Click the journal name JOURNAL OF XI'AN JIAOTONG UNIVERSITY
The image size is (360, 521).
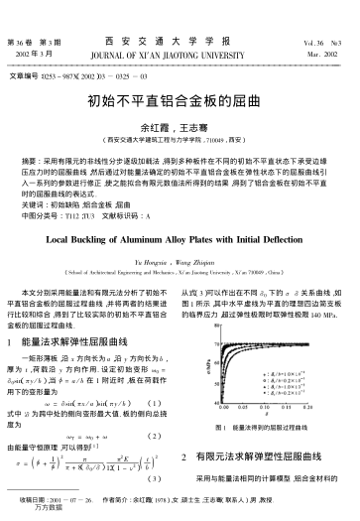click(180, 54)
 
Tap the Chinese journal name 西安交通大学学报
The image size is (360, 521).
click(179, 41)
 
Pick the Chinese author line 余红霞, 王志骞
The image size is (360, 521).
click(179, 127)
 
